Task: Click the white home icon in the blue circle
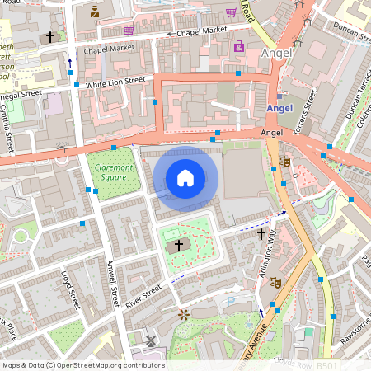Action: pos(185,178)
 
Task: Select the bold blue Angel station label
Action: pos(279,109)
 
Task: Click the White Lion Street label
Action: pos(115,82)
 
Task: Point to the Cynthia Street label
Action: pos(7,124)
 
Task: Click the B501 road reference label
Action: pos(327,365)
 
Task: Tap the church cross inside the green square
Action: pos(178,245)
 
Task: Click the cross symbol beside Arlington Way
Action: pos(261,234)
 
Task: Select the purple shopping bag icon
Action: pos(239,47)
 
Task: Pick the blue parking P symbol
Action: pos(230,302)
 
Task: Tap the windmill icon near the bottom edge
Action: pos(150,340)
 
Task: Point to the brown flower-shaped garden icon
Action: pos(184,314)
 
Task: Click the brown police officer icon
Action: pos(95,11)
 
